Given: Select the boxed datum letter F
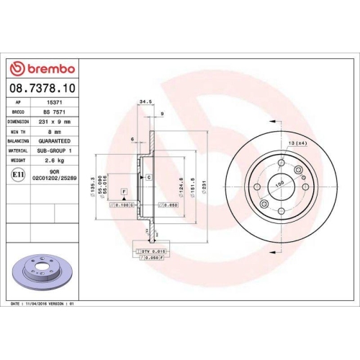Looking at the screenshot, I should tap(124, 190).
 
